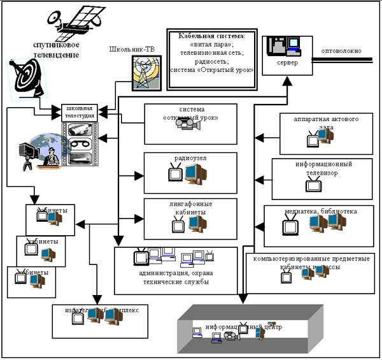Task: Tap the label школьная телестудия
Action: coord(80,112)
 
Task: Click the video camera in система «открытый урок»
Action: coord(188,126)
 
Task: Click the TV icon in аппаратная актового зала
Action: coord(313,138)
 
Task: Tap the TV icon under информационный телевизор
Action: coord(314,185)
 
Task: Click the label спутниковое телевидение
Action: coord(57,50)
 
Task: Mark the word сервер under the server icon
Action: coord(287,64)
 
